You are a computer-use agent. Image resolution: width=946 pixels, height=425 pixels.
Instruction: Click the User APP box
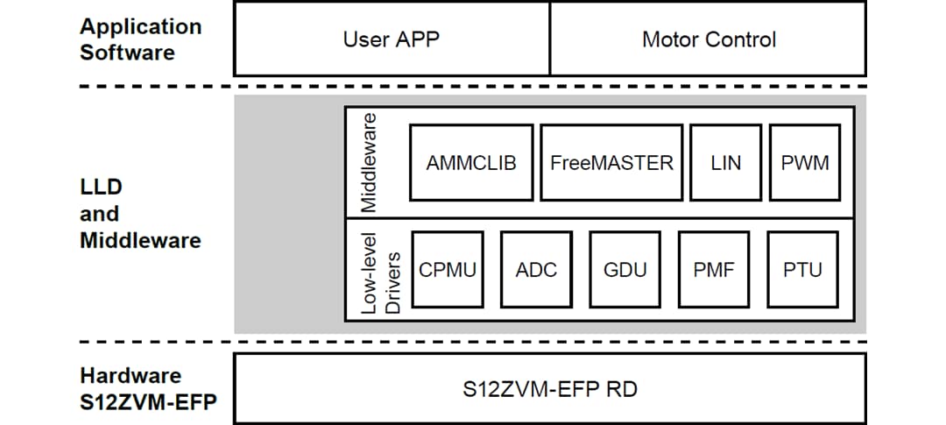pyautogui.click(x=392, y=39)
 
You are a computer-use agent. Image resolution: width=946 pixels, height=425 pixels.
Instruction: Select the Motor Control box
pyautogui.click(x=708, y=39)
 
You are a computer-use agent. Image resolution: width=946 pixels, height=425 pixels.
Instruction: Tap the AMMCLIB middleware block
pyautogui.click(x=470, y=163)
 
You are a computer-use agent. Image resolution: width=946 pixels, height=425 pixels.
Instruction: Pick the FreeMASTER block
pyautogui.click(x=611, y=163)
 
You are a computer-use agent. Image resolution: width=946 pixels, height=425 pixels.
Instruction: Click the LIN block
pyautogui.click(x=725, y=163)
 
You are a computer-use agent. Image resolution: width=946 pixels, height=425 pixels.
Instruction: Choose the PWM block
pyautogui.click(x=804, y=163)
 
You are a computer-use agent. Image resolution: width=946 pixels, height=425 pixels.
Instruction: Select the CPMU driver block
pyautogui.click(x=448, y=270)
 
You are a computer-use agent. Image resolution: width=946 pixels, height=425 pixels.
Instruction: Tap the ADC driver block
pyautogui.click(x=536, y=270)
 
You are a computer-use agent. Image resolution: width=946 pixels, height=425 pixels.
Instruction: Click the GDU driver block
pyautogui.click(x=625, y=270)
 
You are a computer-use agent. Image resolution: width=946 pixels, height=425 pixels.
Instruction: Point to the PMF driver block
pyautogui.click(x=714, y=270)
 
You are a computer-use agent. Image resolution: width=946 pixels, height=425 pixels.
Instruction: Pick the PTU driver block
pyautogui.click(x=802, y=270)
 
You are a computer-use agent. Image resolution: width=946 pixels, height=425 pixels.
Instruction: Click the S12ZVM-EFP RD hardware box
pyautogui.click(x=549, y=388)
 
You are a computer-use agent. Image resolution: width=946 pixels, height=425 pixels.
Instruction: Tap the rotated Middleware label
pyautogui.click(x=369, y=162)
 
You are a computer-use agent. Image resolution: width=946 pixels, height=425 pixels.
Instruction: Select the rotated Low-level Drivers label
pyautogui.click(x=378, y=272)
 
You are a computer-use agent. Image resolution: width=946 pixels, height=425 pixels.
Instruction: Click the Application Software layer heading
pyautogui.click(x=140, y=39)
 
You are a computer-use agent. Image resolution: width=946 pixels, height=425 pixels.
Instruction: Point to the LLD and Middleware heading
pyautogui.click(x=140, y=214)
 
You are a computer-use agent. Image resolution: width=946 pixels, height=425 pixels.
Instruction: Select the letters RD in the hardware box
pyautogui.click(x=620, y=388)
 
